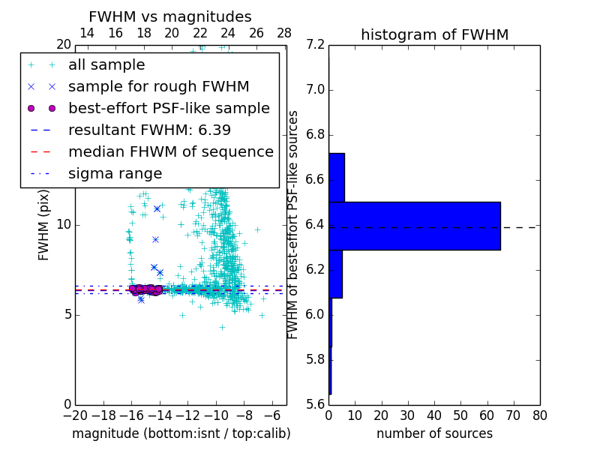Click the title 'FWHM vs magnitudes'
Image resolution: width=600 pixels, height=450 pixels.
tap(170, 16)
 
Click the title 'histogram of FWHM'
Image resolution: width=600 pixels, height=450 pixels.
tap(434, 34)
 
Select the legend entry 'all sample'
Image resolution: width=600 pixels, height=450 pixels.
tap(106, 65)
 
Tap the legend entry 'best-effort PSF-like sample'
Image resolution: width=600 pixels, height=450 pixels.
tap(169, 108)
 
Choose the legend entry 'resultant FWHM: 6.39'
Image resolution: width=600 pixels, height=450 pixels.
tap(149, 130)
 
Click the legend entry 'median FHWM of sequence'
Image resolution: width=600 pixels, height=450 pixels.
tap(170, 151)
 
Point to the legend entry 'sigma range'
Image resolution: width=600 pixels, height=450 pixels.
tap(115, 173)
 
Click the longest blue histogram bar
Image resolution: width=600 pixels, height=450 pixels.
tap(414, 226)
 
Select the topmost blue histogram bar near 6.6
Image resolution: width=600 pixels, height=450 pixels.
tap(337, 178)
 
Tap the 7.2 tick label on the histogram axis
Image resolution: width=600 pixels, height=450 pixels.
tap(316, 45)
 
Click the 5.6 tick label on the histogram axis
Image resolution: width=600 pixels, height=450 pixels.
tap(316, 404)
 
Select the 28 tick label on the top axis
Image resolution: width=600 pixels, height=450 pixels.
tap(284, 33)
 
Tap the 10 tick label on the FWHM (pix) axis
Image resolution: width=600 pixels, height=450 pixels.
tap(64, 225)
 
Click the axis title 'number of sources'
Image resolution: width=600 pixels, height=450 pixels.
tap(434, 433)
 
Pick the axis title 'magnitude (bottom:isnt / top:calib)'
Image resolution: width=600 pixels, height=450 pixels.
tap(181, 433)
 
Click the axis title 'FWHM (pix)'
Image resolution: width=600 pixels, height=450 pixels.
tap(44, 225)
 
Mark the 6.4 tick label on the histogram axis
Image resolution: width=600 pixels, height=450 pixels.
tap(316, 225)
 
